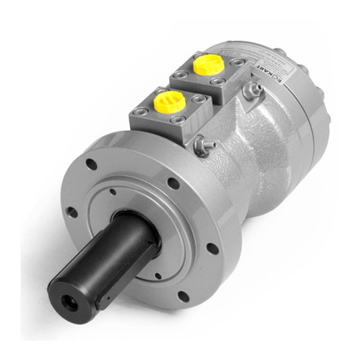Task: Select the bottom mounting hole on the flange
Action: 182,296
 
